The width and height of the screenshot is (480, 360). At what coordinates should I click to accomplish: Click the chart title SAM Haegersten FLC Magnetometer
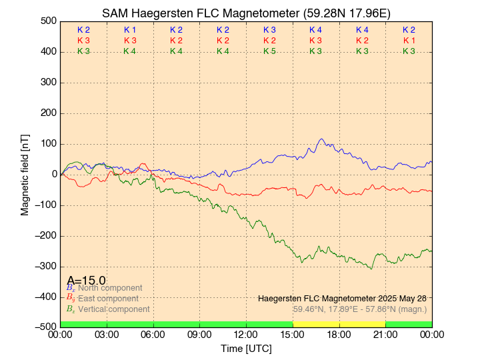click(246, 13)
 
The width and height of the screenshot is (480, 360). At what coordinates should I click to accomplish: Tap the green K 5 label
click(269, 51)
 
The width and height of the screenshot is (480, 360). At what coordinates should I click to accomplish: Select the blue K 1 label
click(130, 30)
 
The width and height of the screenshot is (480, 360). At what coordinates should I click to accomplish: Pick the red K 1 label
click(409, 41)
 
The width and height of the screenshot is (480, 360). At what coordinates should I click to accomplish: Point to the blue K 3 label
click(269, 30)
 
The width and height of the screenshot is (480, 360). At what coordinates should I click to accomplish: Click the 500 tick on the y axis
click(48, 21)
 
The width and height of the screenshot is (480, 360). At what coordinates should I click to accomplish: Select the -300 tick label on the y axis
click(45, 266)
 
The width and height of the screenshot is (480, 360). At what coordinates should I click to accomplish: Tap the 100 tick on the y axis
click(48, 144)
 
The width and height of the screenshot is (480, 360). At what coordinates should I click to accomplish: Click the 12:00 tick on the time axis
click(246, 334)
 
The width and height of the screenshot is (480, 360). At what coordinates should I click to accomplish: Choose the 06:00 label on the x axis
click(153, 334)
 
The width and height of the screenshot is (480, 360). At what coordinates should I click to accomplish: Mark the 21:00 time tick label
click(385, 334)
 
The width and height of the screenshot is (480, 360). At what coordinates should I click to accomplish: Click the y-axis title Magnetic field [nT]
click(25, 174)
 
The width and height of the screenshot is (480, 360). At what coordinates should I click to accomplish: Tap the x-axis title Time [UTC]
click(246, 348)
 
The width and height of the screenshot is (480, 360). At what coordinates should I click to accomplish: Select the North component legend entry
click(107, 288)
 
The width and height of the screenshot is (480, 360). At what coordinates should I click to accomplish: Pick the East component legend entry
click(108, 299)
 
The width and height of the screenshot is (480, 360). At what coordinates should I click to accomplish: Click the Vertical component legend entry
click(113, 309)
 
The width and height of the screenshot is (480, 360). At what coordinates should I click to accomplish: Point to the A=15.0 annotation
click(86, 280)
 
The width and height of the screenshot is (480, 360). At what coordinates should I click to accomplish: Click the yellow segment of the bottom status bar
click(339, 324)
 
